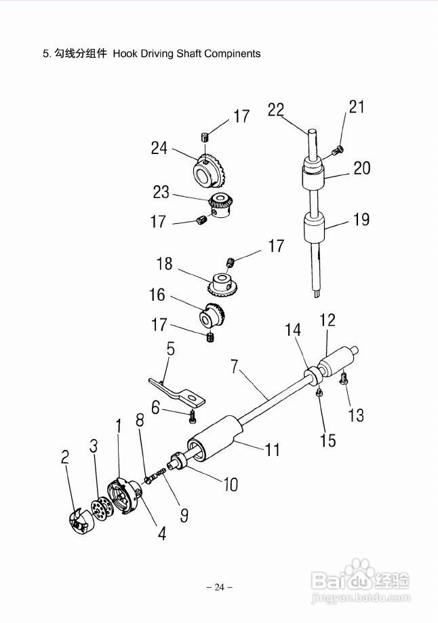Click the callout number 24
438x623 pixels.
(x=159, y=148)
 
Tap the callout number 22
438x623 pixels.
(x=276, y=109)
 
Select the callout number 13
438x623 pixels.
(x=356, y=415)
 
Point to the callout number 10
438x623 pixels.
(x=231, y=484)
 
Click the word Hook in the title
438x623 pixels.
(x=126, y=54)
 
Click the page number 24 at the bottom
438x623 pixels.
(x=220, y=587)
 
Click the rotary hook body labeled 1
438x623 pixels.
(x=124, y=495)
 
